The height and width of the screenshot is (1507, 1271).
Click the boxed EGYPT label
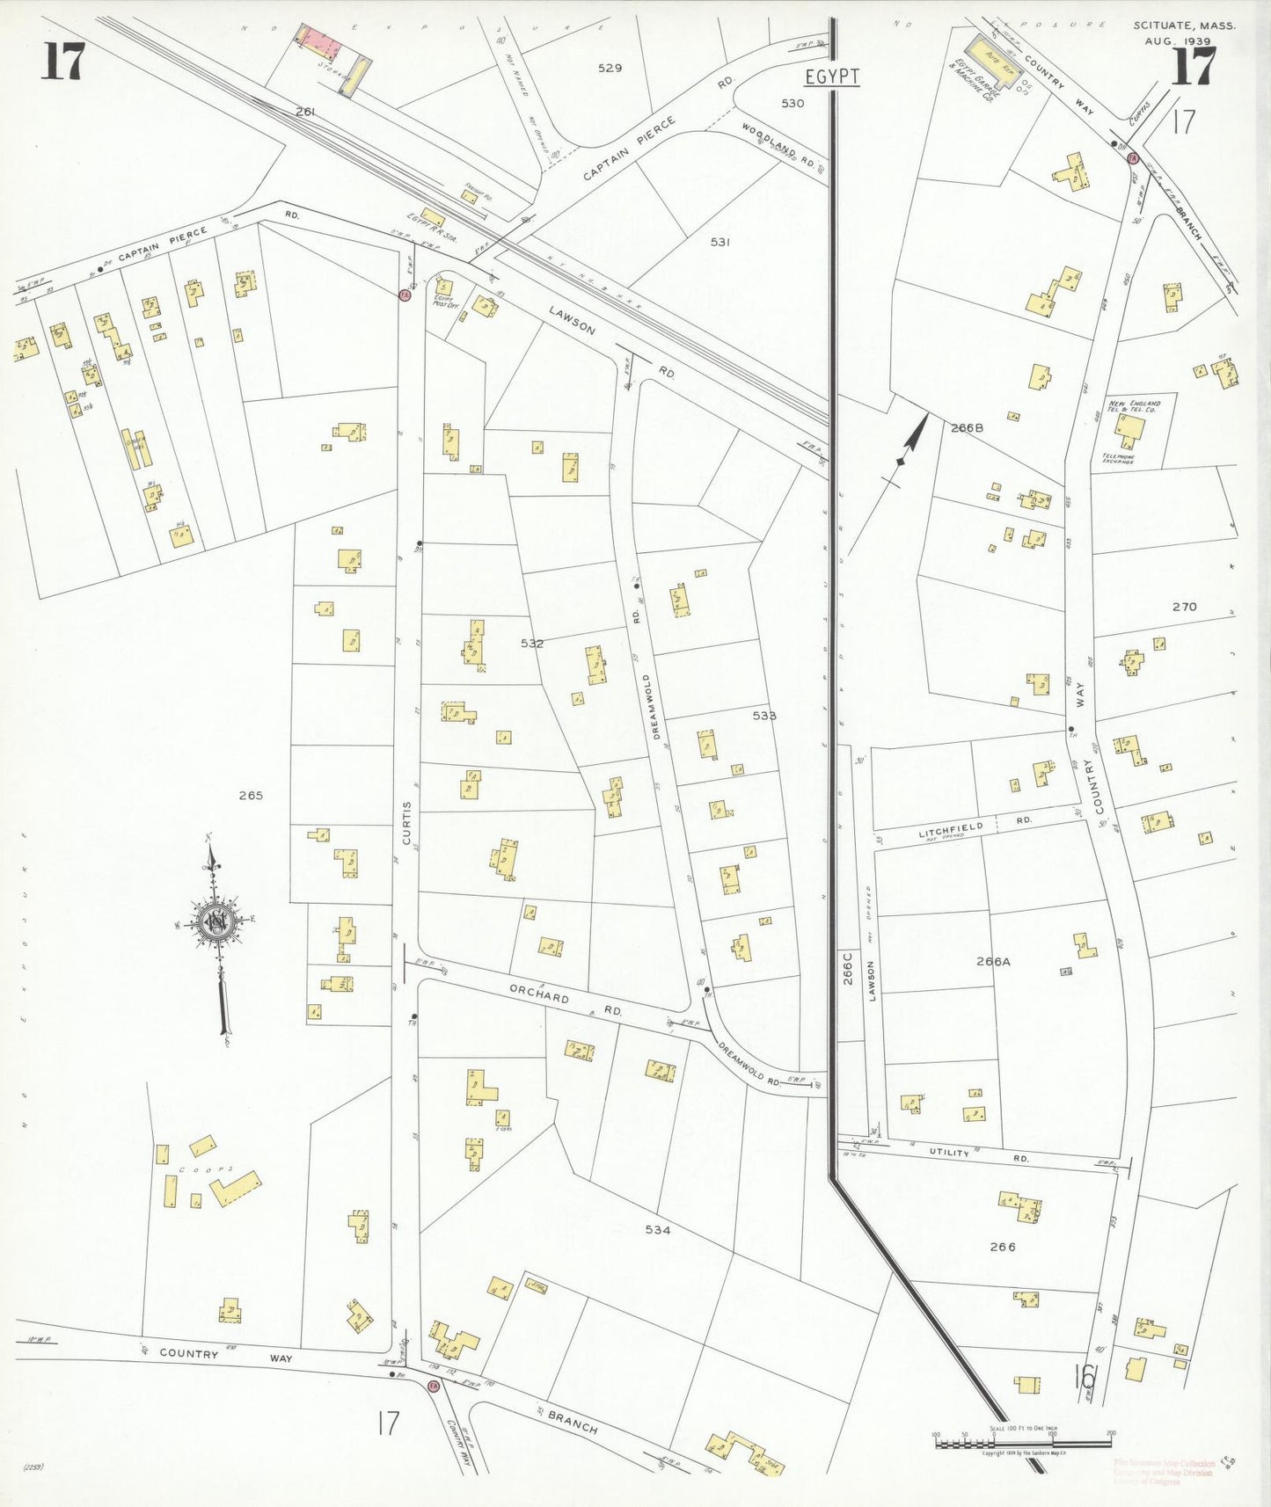coord(832,76)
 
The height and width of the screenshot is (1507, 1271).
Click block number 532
coord(532,644)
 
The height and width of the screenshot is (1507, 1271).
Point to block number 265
coord(251,796)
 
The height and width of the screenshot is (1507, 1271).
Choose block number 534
coord(657,1230)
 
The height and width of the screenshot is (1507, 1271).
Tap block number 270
coord(1184,607)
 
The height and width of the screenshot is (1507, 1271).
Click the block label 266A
coord(993,962)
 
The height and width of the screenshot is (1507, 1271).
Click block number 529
coord(610,68)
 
